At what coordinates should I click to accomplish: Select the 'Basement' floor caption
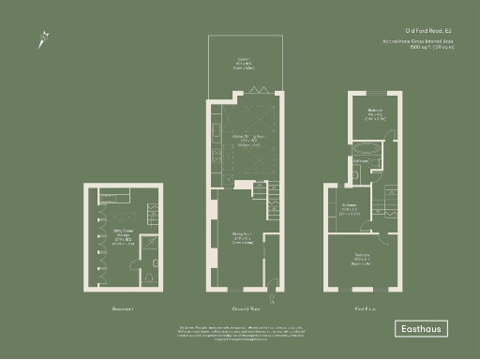pos(123,308)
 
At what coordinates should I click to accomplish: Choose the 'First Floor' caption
pos(367,308)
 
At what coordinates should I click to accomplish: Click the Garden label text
pos(242,65)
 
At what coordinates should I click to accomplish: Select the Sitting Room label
pos(245,238)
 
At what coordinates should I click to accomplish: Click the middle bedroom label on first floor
pos(350,209)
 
